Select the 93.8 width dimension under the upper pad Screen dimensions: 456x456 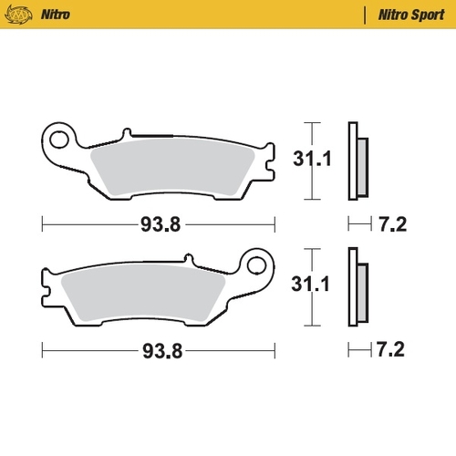(x=159, y=221)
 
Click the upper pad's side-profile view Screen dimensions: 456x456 (x=357, y=161)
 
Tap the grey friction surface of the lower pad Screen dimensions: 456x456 (x=155, y=293)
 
